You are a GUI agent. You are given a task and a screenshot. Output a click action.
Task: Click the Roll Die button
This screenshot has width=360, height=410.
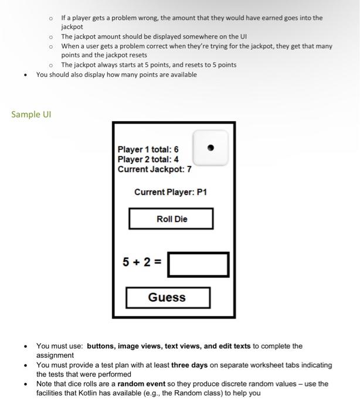tap(171, 219)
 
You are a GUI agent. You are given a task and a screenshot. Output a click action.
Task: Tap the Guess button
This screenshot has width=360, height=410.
tap(167, 298)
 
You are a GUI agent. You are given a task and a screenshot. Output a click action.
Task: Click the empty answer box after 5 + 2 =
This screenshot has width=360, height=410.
tap(198, 264)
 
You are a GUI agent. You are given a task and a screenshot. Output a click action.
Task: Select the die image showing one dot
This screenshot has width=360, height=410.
tap(210, 148)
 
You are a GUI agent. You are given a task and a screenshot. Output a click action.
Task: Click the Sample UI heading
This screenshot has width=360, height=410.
tap(31, 114)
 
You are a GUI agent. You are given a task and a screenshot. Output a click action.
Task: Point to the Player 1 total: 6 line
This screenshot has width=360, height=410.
tap(148, 149)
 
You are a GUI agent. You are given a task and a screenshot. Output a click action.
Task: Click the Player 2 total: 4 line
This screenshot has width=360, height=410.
tap(148, 159)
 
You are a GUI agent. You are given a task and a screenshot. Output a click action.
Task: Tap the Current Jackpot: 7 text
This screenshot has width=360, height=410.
tap(154, 169)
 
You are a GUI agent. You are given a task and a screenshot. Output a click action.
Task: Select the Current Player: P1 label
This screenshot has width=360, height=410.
tap(171, 192)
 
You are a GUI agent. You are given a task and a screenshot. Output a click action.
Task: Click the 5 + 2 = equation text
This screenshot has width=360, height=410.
tap(142, 262)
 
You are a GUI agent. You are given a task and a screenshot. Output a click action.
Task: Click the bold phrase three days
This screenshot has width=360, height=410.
tap(189, 365)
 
